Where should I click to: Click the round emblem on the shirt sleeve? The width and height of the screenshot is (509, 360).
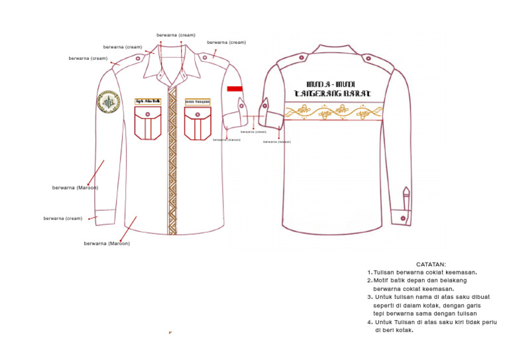[107, 103]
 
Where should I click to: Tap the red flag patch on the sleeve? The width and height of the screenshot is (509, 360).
[235, 88]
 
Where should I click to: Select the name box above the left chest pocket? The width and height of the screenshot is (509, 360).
[148, 101]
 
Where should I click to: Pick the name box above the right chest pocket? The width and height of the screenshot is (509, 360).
[198, 101]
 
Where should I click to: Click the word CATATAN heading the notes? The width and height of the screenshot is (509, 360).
[431, 265]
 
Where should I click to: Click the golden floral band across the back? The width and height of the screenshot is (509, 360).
[333, 112]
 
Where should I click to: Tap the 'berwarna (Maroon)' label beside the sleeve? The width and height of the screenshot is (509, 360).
[76, 188]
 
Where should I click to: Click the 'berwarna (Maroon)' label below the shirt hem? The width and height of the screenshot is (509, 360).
[107, 243]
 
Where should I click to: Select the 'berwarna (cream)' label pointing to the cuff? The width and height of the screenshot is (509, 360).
[63, 218]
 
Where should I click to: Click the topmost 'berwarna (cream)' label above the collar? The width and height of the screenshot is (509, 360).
[176, 34]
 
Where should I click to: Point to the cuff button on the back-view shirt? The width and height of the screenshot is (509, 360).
[403, 218]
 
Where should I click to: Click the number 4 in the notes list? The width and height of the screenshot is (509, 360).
[370, 322]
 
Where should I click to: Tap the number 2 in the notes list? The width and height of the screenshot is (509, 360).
[370, 280]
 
